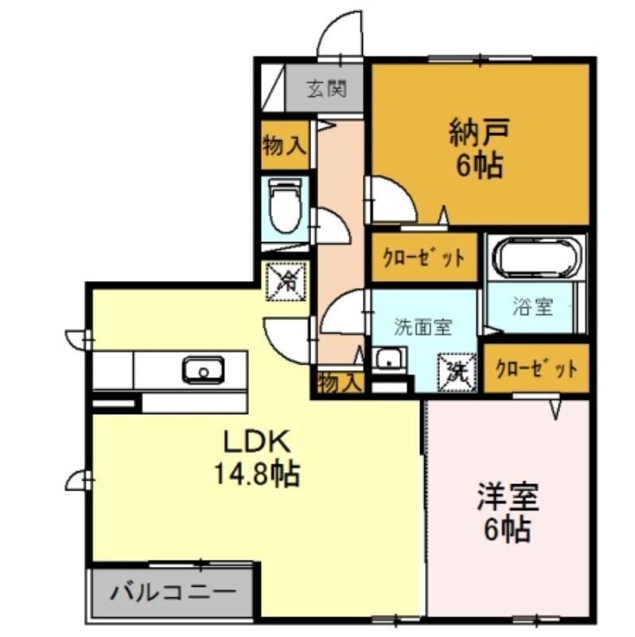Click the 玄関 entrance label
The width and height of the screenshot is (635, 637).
(x=326, y=88)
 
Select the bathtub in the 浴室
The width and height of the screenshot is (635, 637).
(x=536, y=258)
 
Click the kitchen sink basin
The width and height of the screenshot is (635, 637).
(x=204, y=369)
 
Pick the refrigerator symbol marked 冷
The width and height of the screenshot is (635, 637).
(x=286, y=282)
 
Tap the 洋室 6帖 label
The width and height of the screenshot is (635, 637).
(x=508, y=512)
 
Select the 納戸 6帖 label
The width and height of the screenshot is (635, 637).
(x=479, y=148)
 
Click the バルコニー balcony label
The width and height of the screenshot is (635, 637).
(x=173, y=594)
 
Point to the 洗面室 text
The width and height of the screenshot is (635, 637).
(x=423, y=327)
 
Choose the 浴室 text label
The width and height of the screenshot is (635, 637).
(x=532, y=307)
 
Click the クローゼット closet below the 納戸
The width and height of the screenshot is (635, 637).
(x=424, y=256)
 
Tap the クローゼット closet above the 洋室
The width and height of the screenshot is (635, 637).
(x=537, y=369)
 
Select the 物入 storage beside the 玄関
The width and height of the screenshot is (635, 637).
(x=284, y=145)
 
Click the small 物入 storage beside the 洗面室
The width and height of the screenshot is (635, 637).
(x=340, y=382)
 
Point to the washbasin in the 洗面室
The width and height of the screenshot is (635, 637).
(x=390, y=358)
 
